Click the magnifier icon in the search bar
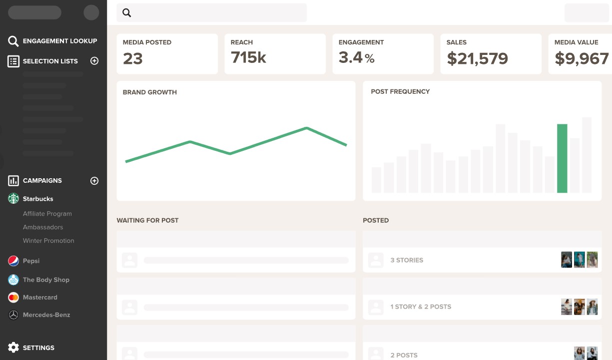tap(127, 13)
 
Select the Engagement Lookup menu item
tap(60, 41)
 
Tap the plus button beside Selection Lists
tap(94, 61)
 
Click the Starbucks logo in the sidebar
tap(13, 199)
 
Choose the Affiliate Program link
tap(47, 214)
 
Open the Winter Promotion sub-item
tap(48, 241)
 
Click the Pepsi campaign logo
tap(13, 261)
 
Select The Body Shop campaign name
tap(46, 280)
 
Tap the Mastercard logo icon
tap(13, 297)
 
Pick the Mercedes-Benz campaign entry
tap(46, 315)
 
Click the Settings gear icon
tap(13, 348)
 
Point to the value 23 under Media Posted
tap(133, 59)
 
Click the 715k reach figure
tap(248, 58)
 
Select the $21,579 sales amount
tap(477, 59)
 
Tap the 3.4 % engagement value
tap(356, 58)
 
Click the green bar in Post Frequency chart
tap(562, 158)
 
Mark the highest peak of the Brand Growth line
tap(306, 128)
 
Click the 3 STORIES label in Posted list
tap(407, 260)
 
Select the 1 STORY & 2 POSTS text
tap(421, 307)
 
